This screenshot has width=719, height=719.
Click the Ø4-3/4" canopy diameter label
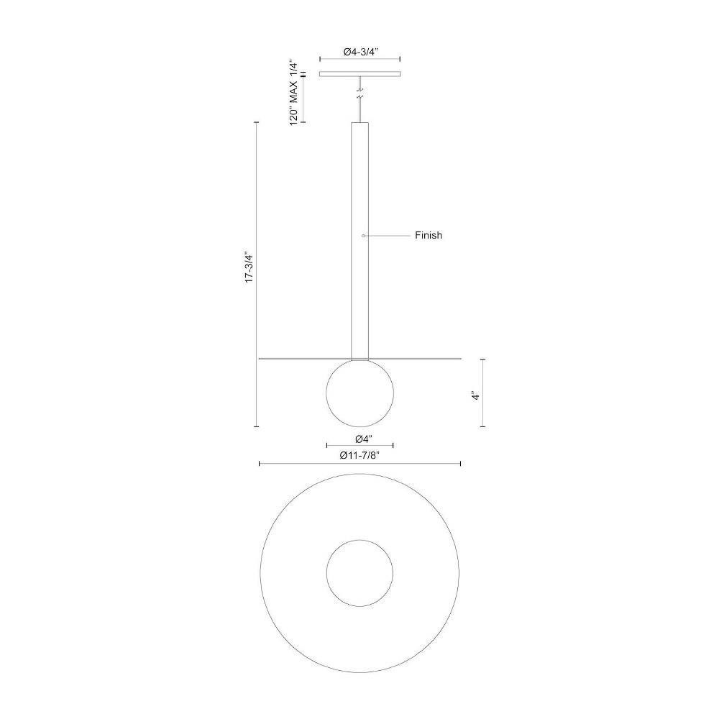(360, 52)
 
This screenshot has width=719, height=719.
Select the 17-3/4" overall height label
(249, 267)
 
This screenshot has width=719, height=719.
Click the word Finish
(429, 235)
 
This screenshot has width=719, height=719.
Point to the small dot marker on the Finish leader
(363, 235)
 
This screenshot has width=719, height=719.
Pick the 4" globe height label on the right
(476, 395)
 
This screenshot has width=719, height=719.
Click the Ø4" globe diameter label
(364, 439)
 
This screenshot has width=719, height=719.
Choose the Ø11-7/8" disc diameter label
(360, 455)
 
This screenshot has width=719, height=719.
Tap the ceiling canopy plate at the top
(360, 74)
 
